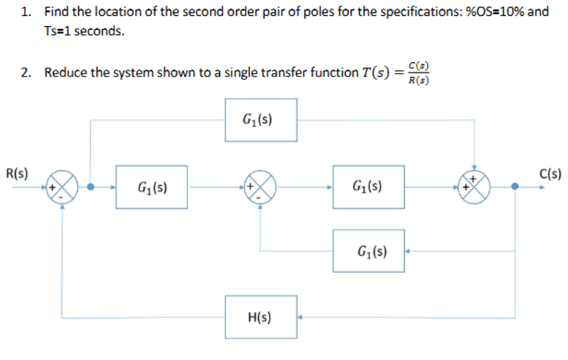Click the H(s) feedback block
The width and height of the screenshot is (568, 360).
[260, 317]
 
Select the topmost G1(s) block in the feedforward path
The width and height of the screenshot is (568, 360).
[260, 120]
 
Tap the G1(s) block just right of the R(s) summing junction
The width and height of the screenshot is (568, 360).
[151, 186]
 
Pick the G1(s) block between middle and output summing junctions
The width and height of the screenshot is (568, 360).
[369, 186]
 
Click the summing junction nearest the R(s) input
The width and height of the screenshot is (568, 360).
[61, 186]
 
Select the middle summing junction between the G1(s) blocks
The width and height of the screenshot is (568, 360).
[260, 186]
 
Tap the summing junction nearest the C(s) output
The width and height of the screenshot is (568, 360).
[474, 186]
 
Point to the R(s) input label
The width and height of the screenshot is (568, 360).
[16, 173]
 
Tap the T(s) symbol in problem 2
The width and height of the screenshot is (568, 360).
[378, 72]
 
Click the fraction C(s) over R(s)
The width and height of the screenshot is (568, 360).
[419, 73]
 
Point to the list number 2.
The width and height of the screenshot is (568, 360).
[24, 72]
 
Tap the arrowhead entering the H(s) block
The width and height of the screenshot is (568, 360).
[302, 317]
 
